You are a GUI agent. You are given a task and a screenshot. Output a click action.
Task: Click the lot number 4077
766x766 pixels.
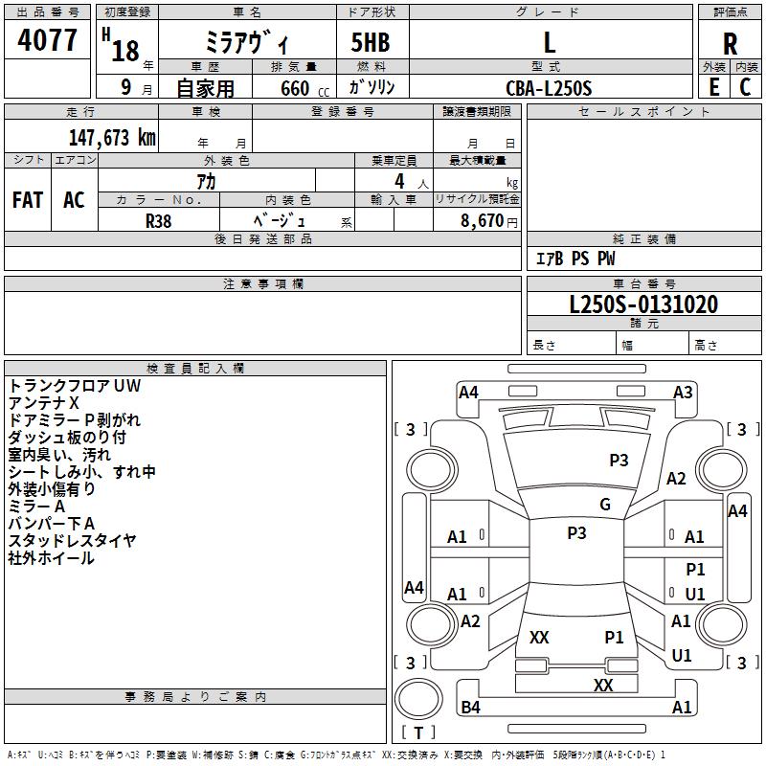click(x=47, y=40)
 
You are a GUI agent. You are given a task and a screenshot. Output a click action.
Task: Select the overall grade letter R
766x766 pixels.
click(x=730, y=44)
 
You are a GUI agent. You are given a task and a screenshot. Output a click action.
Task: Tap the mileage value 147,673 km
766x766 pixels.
click(x=112, y=138)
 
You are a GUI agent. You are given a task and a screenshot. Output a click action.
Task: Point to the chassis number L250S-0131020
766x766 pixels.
click(x=643, y=304)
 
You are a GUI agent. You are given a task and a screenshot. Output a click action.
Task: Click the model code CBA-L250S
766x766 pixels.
click(x=549, y=88)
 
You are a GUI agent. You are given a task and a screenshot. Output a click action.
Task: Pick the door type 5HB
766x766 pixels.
click(x=371, y=42)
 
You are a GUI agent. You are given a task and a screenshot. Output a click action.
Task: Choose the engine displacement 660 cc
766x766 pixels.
click(x=304, y=89)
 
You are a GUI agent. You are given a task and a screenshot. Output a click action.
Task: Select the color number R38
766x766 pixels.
click(x=159, y=221)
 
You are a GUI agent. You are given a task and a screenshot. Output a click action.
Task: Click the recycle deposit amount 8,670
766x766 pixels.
click(x=483, y=221)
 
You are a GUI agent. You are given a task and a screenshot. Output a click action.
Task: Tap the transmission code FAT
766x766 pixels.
click(x=28, y=200)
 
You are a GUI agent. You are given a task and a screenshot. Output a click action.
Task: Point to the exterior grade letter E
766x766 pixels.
click(x=714, y=87)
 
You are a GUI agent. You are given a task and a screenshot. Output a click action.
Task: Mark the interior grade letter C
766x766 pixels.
click(x=745, y=87)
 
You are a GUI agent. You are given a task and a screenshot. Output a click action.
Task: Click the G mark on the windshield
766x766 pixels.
click(x=605, y=505)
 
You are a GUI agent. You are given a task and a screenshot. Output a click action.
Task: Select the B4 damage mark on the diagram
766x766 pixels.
click(x=470, y=707)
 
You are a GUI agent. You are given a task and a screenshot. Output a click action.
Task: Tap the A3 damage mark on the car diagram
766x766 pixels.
click(x=683, y=393)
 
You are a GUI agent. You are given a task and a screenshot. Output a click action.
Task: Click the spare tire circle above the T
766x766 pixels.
click(x=418, y=698)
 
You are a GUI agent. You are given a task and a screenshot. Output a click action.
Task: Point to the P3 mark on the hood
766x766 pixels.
click(x=619, y=461)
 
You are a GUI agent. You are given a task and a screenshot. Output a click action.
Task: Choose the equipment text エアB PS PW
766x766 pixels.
click(x=575, y=259)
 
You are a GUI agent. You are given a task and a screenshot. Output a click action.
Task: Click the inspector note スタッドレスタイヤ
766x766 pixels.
click(x=72, y=540)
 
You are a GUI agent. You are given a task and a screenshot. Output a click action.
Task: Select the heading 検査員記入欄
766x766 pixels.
click(x=195, y=369)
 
